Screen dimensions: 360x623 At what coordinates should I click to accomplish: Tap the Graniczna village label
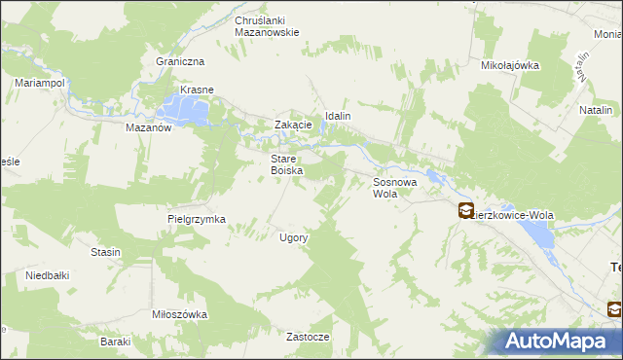point(178,60)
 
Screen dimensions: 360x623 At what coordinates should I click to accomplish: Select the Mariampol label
point(40,84)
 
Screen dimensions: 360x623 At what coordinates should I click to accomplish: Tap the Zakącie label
point(293,125)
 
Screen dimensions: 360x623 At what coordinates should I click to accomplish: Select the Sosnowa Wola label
point(395,187)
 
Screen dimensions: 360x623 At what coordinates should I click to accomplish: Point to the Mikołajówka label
point(510,65)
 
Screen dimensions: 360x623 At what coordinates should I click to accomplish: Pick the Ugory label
point(294,237)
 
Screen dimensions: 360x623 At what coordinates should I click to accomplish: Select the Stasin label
point(105,252)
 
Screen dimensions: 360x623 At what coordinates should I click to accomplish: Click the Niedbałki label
point(48,275)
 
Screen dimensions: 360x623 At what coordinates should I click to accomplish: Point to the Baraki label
point(115,342)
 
